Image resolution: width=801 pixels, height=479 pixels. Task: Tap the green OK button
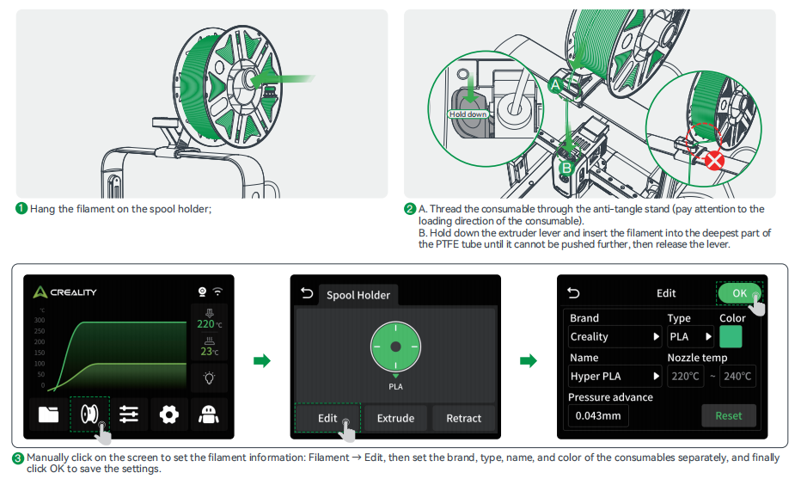click(739, 293)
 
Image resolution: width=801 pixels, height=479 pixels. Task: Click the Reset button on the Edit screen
click(728, 415)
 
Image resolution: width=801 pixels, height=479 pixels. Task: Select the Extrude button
click(395, 418)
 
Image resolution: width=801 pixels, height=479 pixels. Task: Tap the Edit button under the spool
click(327, 418)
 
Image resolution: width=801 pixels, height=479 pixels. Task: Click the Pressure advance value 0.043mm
click(598, 415)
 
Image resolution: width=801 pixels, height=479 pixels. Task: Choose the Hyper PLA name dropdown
click(615, 376)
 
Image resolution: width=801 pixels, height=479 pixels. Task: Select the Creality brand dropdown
click(615, 336)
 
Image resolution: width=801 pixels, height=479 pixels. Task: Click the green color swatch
click(731, 336)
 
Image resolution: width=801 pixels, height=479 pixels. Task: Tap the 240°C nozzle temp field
click(737, 376)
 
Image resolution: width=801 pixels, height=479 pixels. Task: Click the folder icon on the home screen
click(49, 414)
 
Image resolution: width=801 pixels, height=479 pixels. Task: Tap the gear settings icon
click(169, 414)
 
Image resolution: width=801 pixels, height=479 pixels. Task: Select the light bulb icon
click(209, 378)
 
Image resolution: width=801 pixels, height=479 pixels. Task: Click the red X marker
click(713, 161)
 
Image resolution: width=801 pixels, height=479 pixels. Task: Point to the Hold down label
click(468, 114)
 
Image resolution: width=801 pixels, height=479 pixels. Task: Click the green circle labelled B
click(566, 168)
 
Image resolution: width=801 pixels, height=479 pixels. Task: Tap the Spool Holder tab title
click(358, 295)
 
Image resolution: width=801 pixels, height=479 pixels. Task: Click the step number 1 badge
click(21, 209)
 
